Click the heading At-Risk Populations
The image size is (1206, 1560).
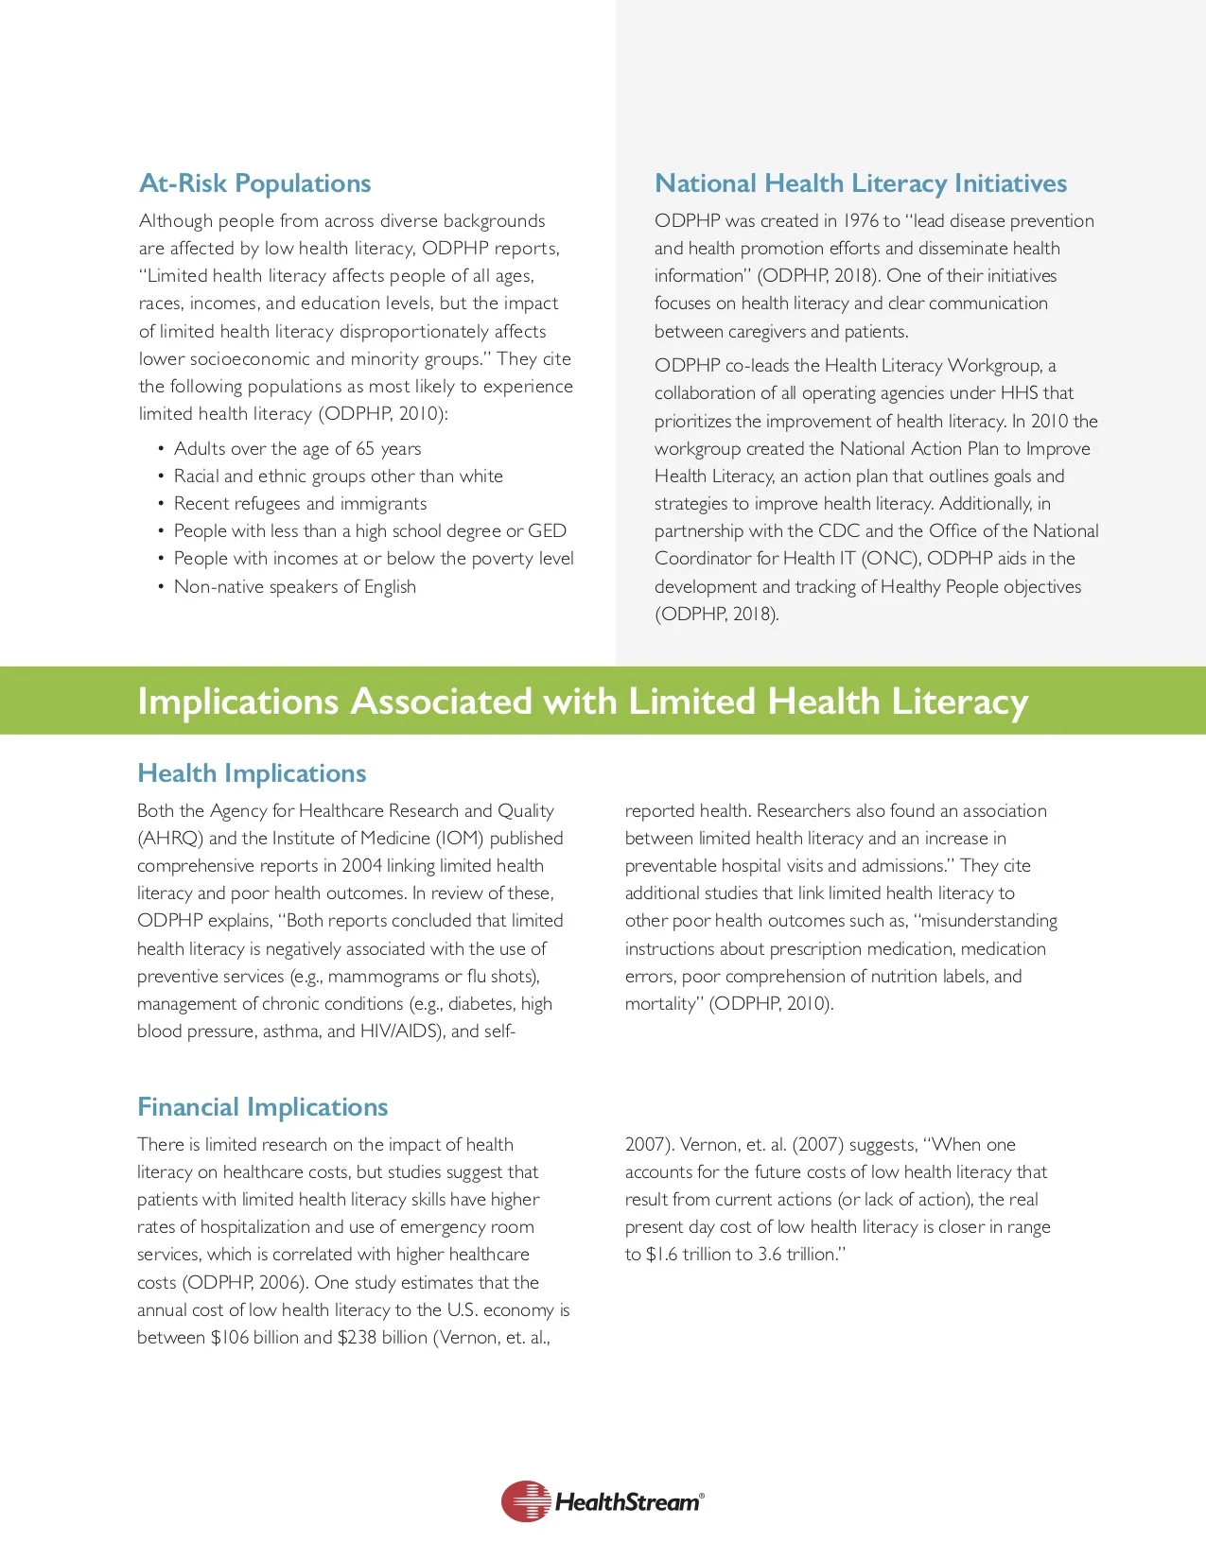coord(254,183)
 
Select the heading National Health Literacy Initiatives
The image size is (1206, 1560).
coord(860,183)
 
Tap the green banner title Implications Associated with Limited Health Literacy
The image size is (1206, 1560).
coord(582,702)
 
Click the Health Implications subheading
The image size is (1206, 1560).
coord(252,773)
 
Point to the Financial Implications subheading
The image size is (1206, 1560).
coord(263,1107)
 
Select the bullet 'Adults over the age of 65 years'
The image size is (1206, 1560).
coord(297,449)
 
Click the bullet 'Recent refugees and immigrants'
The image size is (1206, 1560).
coord(300,504)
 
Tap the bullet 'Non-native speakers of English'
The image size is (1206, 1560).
coord(294,587)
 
